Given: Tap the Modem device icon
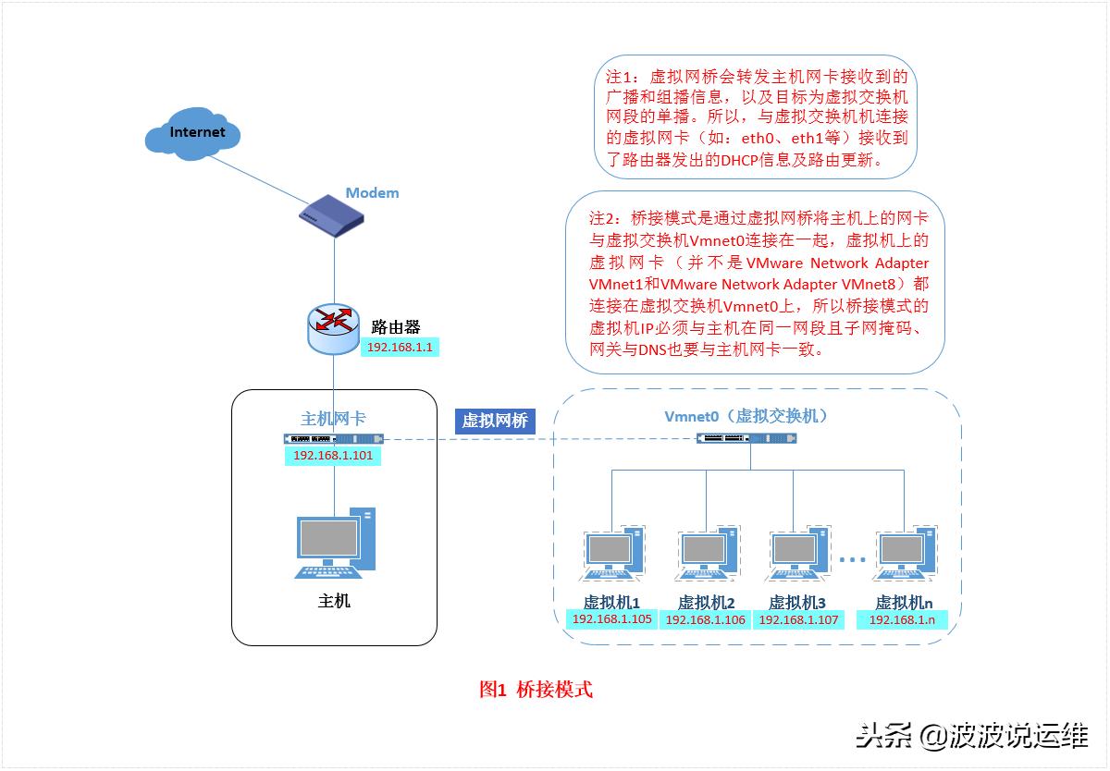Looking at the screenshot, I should coord(331,216).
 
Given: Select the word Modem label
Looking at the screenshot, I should coord(372,193).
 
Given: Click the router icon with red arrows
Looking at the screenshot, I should coord(334,324).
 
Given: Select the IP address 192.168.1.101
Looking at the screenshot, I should coord(332,456).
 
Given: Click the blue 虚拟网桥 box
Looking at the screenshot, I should coord(495,421).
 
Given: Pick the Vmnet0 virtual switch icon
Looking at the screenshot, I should coord(745,437).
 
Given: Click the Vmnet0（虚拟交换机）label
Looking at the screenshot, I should coord(746,416).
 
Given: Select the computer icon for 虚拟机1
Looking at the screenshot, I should coord(613,555).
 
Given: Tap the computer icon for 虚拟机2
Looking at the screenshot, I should coord(708,555).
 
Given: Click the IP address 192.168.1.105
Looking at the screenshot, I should coord(611,619).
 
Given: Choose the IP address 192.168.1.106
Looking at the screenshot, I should coord(706,620).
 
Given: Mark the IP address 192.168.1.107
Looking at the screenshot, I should coord(798,620).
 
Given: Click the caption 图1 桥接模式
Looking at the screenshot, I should coord(536,690).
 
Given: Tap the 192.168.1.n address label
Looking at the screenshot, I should coord(903,619).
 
